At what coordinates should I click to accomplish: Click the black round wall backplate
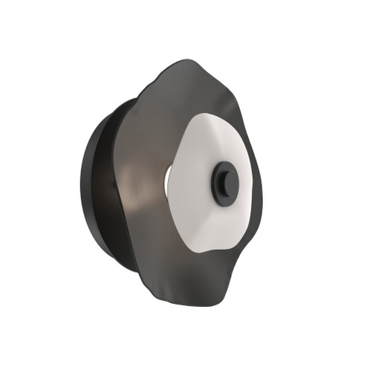(100, 186)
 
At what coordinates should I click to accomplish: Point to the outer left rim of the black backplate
(82, 186)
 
